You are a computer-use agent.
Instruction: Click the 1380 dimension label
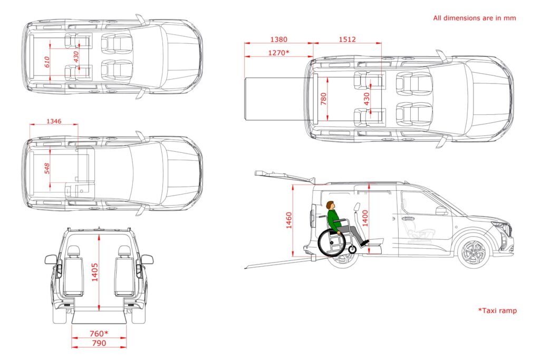coord(278,39)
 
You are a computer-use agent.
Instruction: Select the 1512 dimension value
coord(347,39)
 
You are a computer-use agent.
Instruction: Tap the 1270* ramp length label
coord(278,53)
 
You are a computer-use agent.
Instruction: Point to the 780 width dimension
coord(323,99)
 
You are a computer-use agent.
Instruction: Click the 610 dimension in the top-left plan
coord(47,62)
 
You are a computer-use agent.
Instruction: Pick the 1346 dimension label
coord(54,121)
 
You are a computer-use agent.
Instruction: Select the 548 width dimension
coord(47,168)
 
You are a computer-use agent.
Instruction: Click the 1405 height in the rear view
coord(95,272)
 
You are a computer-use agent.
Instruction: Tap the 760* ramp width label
coord(99,334)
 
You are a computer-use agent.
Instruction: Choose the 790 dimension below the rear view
coord(99,343)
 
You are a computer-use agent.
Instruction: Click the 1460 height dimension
coord(289,220)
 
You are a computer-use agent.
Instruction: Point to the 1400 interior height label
coord(365,218)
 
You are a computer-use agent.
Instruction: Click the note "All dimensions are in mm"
coord(475,18)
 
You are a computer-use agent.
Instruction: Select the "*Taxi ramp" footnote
coord(497,310)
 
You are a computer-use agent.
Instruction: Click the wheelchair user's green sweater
coord(333,221)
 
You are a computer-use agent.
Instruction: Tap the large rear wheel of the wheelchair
coord(331,242)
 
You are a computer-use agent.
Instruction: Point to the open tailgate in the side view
coord(285,176)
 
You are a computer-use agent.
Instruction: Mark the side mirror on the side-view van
coord(441,211)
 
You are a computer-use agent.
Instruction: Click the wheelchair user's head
coord(331,205)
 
